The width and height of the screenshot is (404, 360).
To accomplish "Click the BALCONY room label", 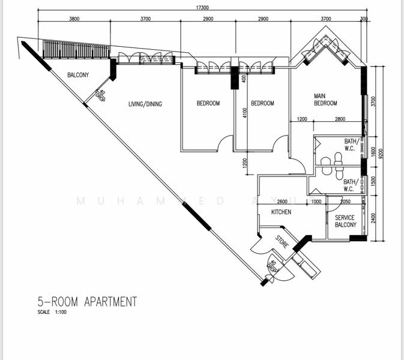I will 78,75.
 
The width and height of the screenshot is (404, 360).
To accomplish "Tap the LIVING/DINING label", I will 145,104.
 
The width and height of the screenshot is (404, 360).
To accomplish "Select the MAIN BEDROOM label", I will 325,99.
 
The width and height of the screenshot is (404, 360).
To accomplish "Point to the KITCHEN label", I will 281,212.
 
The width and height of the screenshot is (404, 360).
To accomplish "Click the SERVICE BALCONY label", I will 346,221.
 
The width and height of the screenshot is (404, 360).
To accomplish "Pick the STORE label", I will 282,243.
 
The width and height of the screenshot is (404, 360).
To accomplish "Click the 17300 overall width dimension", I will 202,7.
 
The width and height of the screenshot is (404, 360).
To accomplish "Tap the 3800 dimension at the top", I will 74,19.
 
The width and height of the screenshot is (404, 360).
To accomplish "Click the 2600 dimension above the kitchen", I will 282,202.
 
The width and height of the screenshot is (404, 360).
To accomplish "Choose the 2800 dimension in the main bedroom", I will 340,120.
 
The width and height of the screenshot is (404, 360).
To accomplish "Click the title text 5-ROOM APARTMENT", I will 87,301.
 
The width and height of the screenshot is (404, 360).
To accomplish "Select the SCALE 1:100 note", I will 52,313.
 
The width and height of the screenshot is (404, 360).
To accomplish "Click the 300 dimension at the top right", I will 364,19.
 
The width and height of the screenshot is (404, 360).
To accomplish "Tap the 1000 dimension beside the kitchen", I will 316,202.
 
